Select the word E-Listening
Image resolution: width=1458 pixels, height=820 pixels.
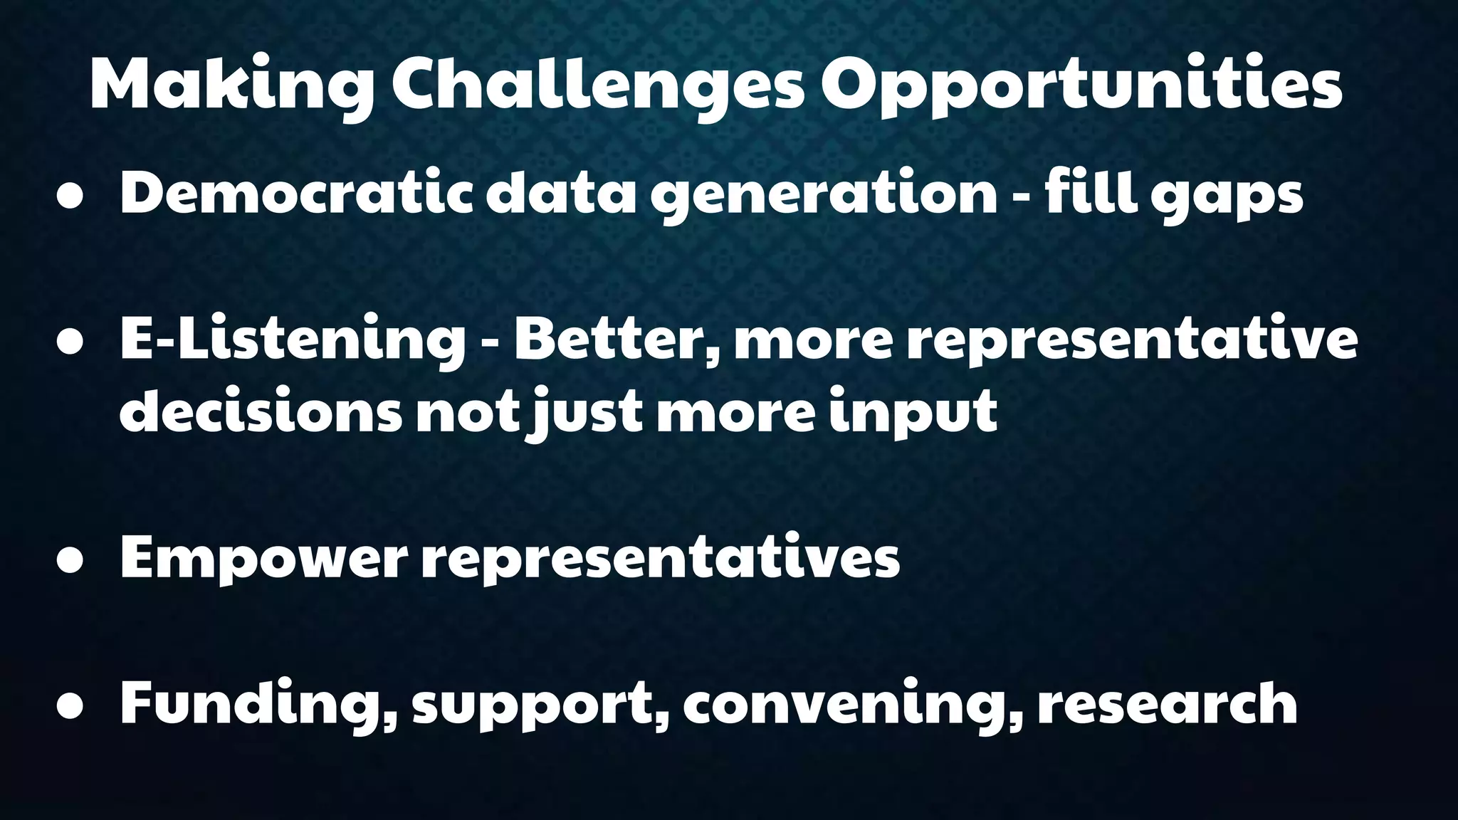pyautogui.click(x=292, y=340)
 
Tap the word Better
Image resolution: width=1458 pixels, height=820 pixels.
pyautogui.click(x=615, y=340)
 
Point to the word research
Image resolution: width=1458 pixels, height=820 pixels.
pyautogui.click(x=1168, y=703)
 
